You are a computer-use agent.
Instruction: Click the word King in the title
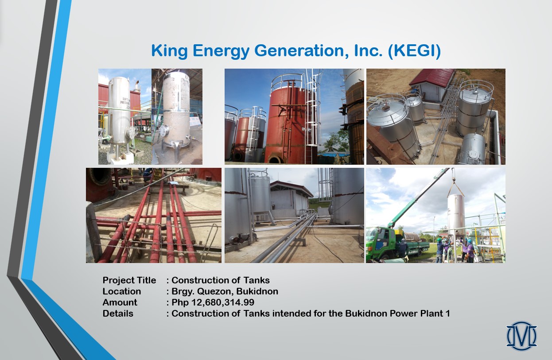coord(169,51)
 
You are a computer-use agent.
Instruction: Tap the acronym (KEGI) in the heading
coord(414,51)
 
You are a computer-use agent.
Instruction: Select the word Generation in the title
coord(302,51)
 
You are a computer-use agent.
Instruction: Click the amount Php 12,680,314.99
coord(213,302)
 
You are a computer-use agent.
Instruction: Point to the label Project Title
coord(129,280)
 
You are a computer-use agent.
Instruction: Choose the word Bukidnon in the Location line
coord(257,291)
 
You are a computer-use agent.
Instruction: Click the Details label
coord(118,314)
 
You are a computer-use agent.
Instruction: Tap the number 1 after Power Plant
coord(447,314)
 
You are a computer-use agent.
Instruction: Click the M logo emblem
coord(521,336)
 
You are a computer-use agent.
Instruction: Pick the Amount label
coord(120,302)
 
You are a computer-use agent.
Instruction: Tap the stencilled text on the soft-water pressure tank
coord(125,102)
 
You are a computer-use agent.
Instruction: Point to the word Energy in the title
coord(221,51)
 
